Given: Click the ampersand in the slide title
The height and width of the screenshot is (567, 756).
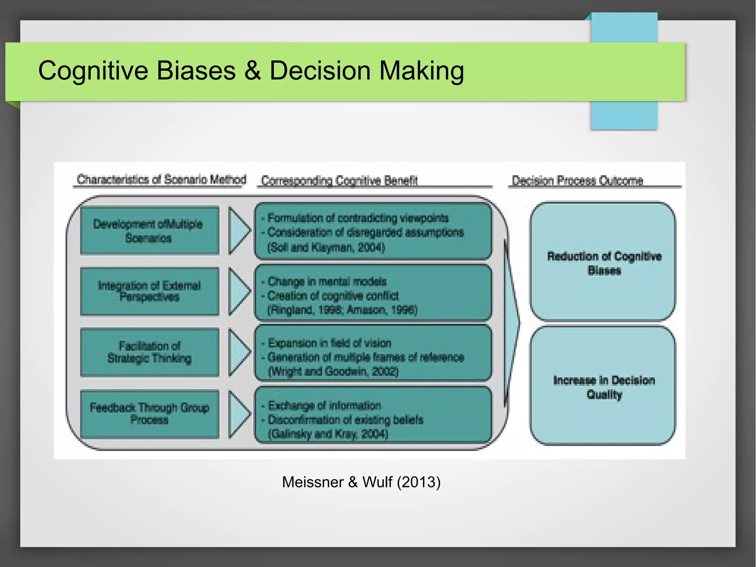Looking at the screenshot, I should click(252, 71).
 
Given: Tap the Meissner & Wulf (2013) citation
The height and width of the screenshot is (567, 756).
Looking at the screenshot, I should click(361, 482).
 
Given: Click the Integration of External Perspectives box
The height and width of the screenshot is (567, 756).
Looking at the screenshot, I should click(149, 291).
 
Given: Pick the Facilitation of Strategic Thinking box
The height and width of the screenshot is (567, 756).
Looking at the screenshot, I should click(149, 352).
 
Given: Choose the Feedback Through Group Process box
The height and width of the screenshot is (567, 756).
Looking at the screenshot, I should click(149, 414).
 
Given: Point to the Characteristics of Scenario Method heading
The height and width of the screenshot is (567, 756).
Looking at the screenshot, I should click(161, 180).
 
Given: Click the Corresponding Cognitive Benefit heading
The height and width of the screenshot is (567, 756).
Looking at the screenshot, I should click(339, 181).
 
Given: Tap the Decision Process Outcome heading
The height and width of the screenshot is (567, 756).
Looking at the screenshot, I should click(577, 181).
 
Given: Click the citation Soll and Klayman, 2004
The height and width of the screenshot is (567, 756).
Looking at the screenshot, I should click(326, 247).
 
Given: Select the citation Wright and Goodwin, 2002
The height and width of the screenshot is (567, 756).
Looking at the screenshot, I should click(333, 371).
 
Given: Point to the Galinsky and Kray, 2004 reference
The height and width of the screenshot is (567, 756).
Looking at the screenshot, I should click(328, 434).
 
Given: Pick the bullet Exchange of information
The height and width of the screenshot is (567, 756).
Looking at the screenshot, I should click(324, 406).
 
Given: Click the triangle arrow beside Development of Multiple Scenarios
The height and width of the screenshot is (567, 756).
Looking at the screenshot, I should click(238, 230).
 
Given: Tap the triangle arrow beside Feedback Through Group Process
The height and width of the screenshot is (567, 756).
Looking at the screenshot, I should click(238, 414).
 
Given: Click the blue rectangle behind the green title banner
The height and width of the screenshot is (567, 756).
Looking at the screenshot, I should click(624, 115).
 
